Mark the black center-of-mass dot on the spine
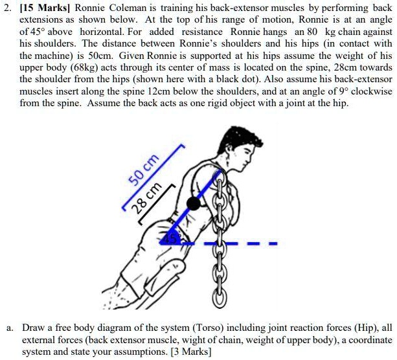click(193, 203)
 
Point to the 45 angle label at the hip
click(169, 238)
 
